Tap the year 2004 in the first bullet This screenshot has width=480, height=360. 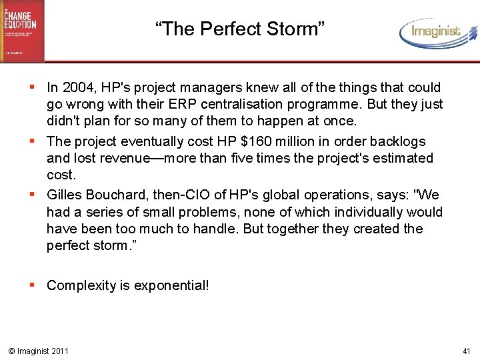tap(75, 87)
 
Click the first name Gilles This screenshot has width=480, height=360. tap(64, 195)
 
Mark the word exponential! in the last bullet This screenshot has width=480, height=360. tap(171, 285)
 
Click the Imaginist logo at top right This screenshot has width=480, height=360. tap(436, 32)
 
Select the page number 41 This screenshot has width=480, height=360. tap(467, 351)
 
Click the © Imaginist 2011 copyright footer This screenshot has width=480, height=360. tap(37, 351)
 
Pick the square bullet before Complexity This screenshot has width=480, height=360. tap(33, 285)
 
